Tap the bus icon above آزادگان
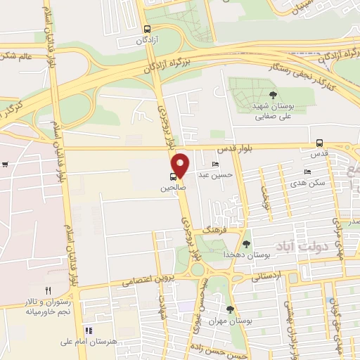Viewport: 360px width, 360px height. coord(147,30)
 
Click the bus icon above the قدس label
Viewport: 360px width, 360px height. coord(320,143)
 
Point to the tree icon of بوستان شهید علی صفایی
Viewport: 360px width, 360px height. coord(273,95)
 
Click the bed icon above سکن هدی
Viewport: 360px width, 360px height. coord(307,172)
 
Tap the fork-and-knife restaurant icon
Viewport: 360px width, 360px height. coord(48,290)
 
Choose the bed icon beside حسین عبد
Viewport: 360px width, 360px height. coord(205,164)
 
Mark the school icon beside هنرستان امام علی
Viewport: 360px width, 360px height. coord(89,330)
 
